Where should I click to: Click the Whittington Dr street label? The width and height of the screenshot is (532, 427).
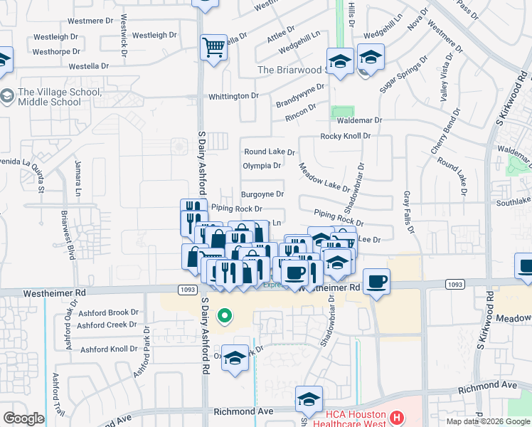(x=233, y=96)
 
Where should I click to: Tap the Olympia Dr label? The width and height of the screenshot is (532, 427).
(x=262, y=166)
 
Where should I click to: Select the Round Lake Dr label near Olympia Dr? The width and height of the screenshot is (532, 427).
(x=269, y=152)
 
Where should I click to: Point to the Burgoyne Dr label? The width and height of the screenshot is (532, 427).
(x=262, y=194)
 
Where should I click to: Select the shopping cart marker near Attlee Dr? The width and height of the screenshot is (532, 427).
(x=213, y=48)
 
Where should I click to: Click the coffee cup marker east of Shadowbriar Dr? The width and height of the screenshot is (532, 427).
(x=376, y=281)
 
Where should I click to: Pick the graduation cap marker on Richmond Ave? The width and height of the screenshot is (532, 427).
(x=309, y=399)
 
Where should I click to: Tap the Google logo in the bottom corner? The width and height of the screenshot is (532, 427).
(x=23, y=418)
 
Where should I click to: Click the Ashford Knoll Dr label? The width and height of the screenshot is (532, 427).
(x=108, y=349)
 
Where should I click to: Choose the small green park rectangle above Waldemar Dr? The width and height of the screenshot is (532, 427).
(x=343, y=112)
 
